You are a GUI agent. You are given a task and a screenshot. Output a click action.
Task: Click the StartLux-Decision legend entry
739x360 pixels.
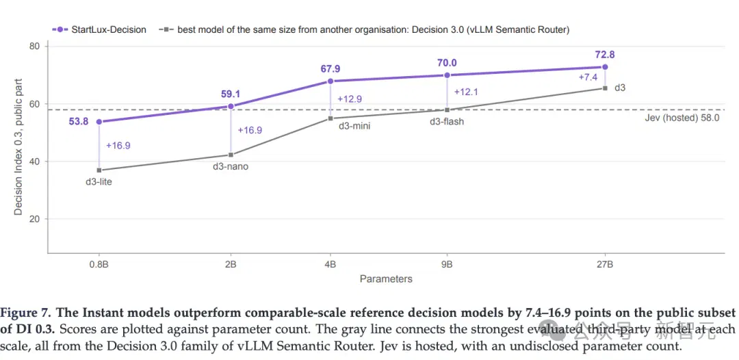(99, 29)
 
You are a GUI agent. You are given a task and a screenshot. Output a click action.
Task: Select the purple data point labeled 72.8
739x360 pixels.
(605, 67)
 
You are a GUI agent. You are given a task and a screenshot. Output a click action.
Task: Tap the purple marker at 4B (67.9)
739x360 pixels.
(330, 81)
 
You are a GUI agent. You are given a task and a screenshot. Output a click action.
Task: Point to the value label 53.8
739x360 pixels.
(79, 122)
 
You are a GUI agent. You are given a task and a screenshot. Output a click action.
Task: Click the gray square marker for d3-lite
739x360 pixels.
(99, 170)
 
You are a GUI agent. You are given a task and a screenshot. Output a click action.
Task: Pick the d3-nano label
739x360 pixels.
(231, 166)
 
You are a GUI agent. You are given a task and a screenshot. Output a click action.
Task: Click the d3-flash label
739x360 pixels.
(447, 122)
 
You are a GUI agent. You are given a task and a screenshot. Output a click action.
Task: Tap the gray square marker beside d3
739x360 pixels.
(605, 88)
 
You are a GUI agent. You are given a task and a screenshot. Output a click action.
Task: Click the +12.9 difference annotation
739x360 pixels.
(350, 99)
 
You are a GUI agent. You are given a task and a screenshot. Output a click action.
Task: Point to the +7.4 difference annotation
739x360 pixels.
(588, 77)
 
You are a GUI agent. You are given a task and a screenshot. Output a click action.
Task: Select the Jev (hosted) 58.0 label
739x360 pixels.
(682, 118)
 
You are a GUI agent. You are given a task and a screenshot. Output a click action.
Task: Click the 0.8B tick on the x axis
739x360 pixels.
(99, 264)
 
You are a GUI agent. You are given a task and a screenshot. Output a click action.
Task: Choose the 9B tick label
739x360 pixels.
(447, 264)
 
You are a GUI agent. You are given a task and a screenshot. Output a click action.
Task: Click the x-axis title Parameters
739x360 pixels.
(386, 279)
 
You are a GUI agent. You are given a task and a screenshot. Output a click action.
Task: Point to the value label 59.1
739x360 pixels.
(231, 94)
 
